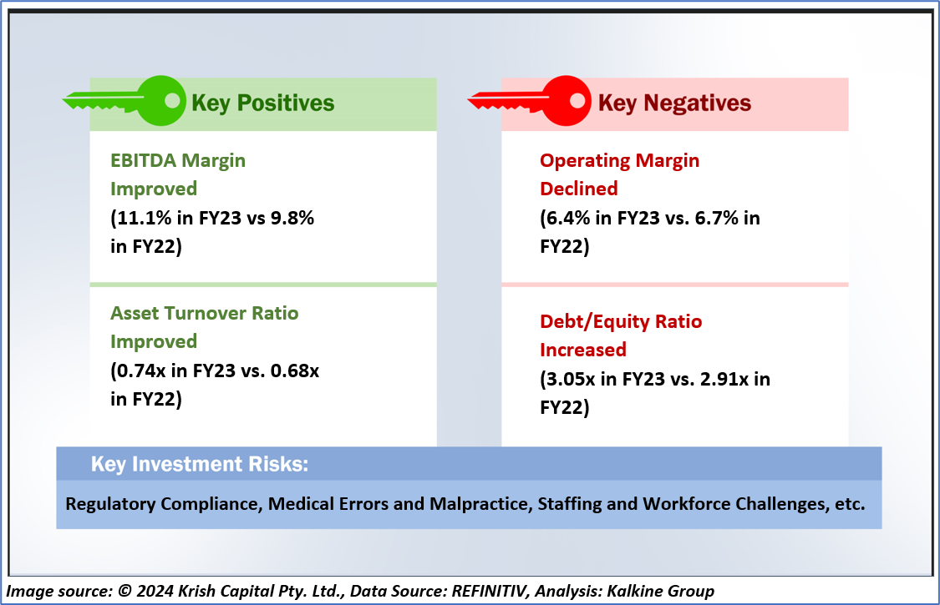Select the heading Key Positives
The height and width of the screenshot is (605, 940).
click(263, 103)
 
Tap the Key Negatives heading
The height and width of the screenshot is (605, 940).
click(674, 103)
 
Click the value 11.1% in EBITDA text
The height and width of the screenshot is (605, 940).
click(141, 217)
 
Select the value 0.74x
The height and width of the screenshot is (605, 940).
click(141, 371)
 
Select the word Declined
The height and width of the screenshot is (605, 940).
click(579, 189)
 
